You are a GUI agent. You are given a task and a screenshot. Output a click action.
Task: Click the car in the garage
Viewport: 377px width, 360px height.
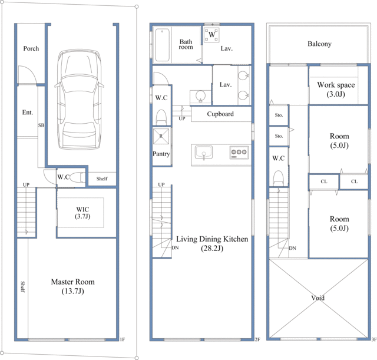[80, 100]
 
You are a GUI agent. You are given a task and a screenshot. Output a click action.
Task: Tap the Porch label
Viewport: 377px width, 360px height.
[31, 48]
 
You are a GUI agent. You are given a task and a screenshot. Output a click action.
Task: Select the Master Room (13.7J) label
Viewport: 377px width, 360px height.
[72, 286]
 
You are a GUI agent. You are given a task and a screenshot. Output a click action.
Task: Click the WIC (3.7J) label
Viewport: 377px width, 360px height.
[82, 213]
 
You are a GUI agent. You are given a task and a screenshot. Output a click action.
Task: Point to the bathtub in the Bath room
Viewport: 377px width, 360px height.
[162, 45]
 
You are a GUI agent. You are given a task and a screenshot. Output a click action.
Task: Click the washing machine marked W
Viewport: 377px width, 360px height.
[211, 35]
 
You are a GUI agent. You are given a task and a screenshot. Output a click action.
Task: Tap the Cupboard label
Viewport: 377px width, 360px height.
[220, 114]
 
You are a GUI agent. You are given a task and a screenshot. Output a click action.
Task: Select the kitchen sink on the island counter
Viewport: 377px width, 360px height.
[204, 153]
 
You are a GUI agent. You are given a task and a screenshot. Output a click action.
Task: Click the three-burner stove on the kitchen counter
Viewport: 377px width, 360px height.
[239, 153]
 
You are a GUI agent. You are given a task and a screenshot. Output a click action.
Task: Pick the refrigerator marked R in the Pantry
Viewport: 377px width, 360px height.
[161, 136]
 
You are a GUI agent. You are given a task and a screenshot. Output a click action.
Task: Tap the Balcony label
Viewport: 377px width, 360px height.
[319, 44]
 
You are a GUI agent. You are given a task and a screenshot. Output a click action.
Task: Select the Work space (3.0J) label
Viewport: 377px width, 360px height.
[336, 89]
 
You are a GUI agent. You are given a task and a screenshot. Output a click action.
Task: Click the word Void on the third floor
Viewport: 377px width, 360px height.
[318, 298]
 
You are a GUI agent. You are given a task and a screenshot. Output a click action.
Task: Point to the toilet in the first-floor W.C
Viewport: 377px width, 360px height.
[78, 178]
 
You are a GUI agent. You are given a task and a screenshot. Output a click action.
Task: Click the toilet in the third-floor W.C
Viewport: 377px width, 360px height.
[279, 178]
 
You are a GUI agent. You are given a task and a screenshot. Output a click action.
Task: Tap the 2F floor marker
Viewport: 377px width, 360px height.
[257, 339]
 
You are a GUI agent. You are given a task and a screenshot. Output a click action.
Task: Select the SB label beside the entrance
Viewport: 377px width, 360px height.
[41, 125]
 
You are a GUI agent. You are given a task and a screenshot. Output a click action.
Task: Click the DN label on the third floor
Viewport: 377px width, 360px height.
[292, 248]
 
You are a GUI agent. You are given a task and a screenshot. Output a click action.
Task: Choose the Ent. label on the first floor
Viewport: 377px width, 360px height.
[28, 113]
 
